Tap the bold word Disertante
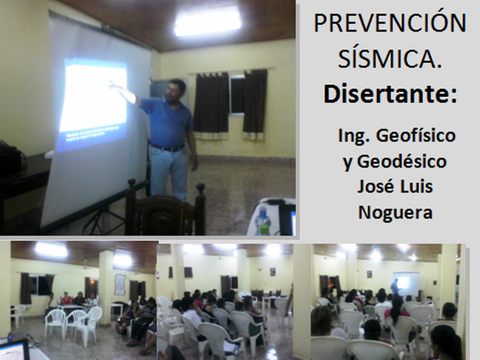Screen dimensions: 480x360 coord(390,93)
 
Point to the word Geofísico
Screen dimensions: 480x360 coord(416,135)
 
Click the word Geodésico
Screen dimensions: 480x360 coord(402,161)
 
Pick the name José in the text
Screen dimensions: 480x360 coord(374,186)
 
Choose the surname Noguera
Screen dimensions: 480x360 coord(395,212)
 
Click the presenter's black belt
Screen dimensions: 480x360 coord(167,148)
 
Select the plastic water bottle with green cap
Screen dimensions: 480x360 coord(263,221)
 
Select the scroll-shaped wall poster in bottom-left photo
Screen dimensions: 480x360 coord(120,285)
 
